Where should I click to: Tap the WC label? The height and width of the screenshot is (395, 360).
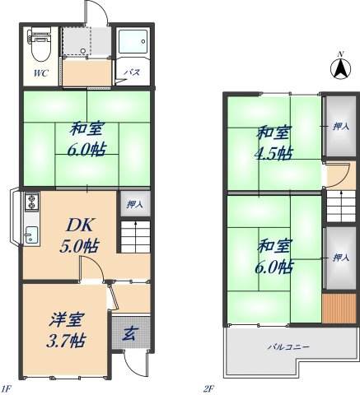coord(40,74)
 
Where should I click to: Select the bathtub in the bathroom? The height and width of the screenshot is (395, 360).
coord(131,44)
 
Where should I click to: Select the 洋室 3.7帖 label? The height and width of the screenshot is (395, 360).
coord(64,327)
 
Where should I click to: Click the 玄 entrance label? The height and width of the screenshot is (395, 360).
coord(131,333)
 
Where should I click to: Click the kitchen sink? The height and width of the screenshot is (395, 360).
coord(30,234)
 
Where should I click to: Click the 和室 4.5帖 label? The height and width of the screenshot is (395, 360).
coord(273,142)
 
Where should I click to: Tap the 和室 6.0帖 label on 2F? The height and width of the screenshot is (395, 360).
coord(273,256)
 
